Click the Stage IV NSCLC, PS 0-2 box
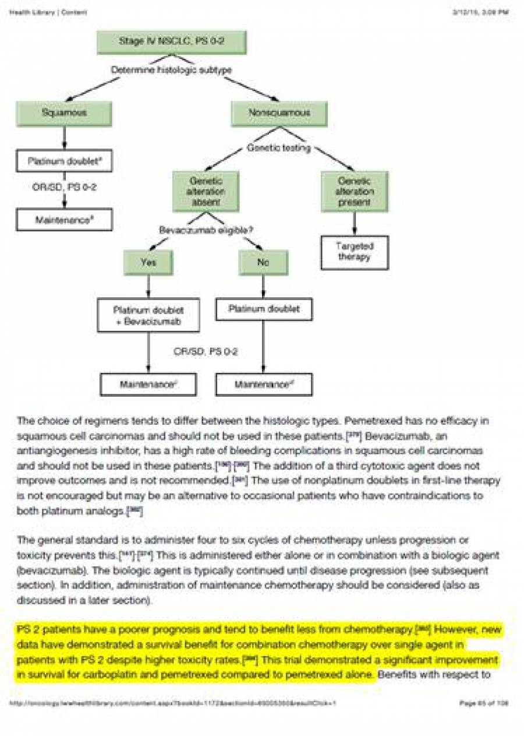(172, 42)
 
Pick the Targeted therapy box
(354, 252)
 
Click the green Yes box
(148, 262)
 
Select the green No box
(263, 262)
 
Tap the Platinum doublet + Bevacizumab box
(148, 315)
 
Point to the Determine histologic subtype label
(172, 70)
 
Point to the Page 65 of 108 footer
(484, 703)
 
